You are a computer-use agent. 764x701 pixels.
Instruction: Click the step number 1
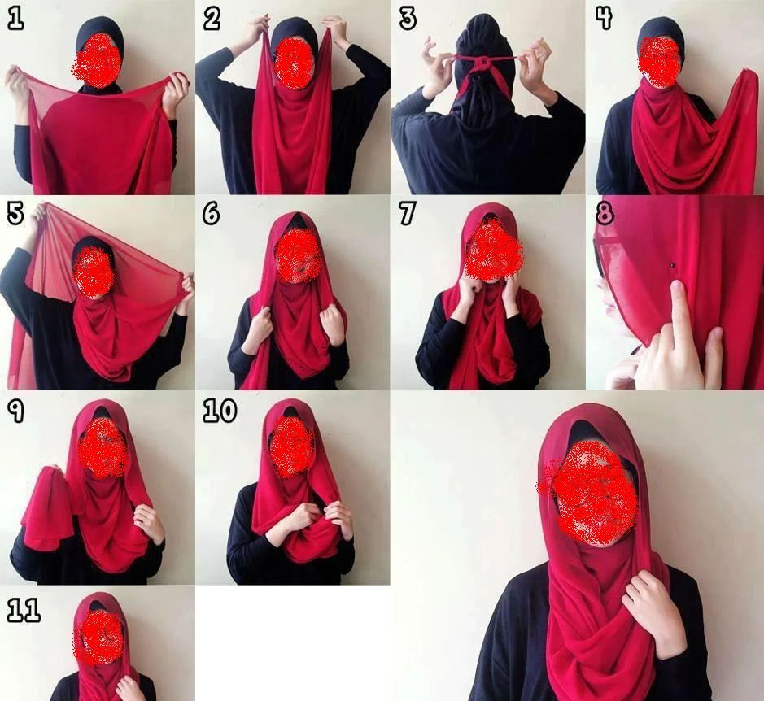[x=15, y=19]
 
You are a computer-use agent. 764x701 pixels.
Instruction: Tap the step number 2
[x=212, y=19]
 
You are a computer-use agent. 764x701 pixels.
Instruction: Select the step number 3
[x=408, y=19]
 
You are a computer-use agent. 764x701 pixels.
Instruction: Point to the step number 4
[x=604, y=19]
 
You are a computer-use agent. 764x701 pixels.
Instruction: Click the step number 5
[x=15, y=214]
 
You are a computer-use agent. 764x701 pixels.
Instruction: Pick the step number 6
[x=212, y=214]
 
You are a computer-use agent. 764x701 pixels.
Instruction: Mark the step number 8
[x=605, y=214]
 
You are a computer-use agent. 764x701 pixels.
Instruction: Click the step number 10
[x=220, y=411]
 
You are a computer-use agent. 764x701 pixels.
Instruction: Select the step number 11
[x=24, y=611]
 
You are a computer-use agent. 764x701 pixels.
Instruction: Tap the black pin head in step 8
[x=673, y=265]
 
